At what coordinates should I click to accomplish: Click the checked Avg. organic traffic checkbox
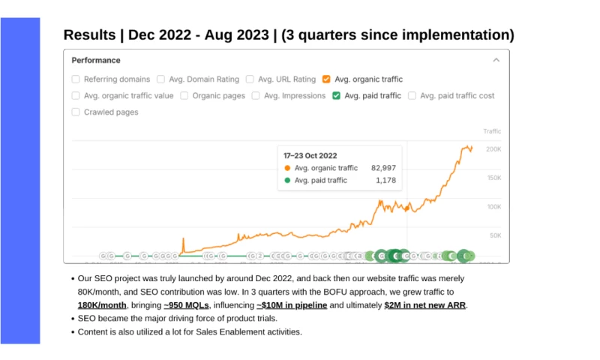click(x=326, y=79)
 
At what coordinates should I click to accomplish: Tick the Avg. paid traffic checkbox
click(x=337, y=95)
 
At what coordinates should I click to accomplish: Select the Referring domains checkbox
click(x=76, y=79)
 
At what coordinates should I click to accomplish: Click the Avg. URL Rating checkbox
click(x=250, y=79)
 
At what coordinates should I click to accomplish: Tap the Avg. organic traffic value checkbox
click(x=76, y=95)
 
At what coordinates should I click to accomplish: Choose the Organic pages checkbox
click(x=184, y=95)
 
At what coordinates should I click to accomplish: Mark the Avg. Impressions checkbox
click(x=256, y=95)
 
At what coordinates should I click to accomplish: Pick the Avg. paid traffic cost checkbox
click(x=412, y=95)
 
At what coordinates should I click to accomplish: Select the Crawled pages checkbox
click(x=76, y=112)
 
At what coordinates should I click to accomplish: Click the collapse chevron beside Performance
click(x=496, y=60)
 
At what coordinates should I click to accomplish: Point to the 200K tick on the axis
click(x=493, y=149)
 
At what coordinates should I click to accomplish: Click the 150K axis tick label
click(x=493, y=178)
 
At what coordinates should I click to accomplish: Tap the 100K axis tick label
click(x=493, y=206)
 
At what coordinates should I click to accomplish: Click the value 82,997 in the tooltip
click(x=383, y=168)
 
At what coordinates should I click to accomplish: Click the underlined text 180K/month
click(x=102, y=305)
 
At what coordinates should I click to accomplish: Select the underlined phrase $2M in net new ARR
click(x=425, y=305)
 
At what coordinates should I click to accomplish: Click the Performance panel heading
click(x=96, y=60)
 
